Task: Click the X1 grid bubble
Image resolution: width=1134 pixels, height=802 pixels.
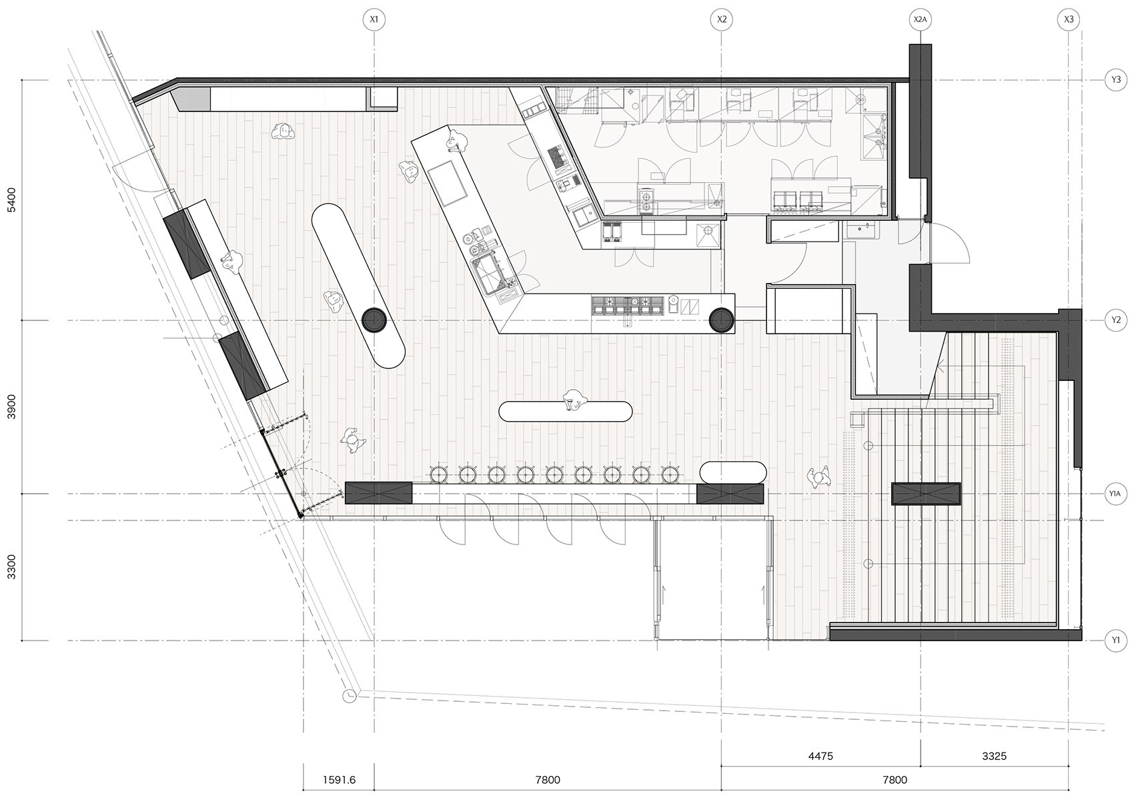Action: tap(374, 20)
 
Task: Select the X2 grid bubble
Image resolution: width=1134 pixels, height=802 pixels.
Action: tap(721, 20)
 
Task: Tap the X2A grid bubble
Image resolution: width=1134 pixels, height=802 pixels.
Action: tap(920, 20)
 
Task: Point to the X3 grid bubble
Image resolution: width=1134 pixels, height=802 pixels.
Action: tap(1068, 20)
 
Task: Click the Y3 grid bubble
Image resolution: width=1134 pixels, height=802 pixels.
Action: tap(1116, 80)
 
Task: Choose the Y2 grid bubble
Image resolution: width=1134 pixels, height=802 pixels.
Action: tap(1116, 320)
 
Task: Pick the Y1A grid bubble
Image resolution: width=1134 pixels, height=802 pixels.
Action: tap(1116, 494)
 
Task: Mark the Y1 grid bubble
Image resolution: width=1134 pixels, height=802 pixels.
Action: tap(1116, 641)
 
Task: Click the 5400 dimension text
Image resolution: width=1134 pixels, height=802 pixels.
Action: tap(11, 200)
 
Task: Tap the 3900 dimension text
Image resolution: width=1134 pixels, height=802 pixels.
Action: tap(11, 406)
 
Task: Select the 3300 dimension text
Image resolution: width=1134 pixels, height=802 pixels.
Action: tap(11, 566)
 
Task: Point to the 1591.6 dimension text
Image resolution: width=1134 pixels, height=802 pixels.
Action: tap(339, 780)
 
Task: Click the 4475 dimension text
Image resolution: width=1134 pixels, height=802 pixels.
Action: tap(820, 756)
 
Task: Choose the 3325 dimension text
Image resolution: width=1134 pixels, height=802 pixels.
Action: tap(994, 756)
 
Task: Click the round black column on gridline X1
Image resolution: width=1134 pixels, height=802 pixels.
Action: tap(374, 320)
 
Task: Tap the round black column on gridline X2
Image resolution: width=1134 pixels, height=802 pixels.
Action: tap(721, 320)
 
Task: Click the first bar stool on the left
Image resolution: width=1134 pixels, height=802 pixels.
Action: tap(438, 474)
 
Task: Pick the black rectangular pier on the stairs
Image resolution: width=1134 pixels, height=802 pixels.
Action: tap(926, 494)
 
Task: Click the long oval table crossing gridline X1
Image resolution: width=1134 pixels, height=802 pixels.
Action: tap(358, 286)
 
